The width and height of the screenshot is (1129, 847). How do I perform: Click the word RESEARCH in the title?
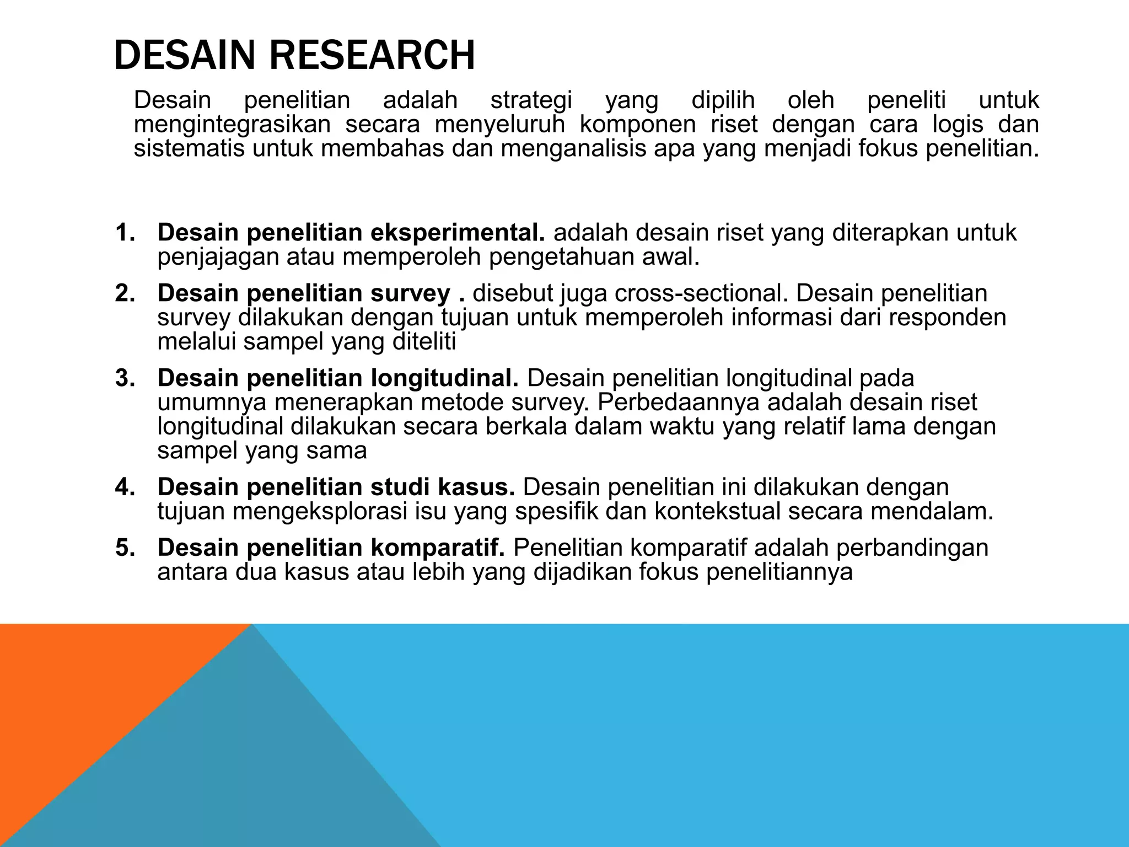point(372,56)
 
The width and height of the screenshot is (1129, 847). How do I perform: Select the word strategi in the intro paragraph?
point(531,100)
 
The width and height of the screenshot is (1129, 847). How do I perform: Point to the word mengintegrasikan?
point(232,125)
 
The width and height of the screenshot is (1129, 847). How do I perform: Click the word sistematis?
point(189,149)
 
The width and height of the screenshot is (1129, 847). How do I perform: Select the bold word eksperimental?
point(457,233)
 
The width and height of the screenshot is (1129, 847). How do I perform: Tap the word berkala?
point(526,427)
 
